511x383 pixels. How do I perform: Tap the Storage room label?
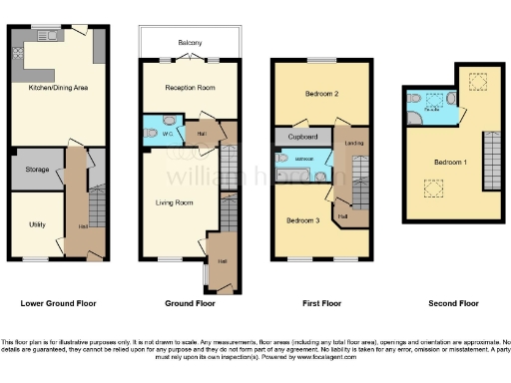pyautogui.click(x=37, y=171)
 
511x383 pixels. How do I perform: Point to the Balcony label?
pyautogui.click(x=190, y=43)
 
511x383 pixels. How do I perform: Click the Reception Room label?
pyautogui.click(x=191, y=88)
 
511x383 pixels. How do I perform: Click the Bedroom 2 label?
pyautogui.click(x=305, y=94)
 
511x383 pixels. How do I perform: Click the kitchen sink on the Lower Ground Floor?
pyautogui.click(x=49, y=36)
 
